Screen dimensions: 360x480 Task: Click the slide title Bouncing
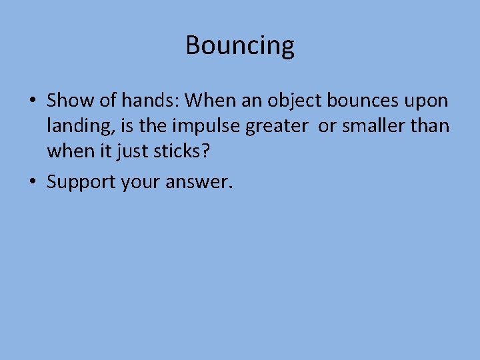[240, 45]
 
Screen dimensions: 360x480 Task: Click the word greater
[279, 127]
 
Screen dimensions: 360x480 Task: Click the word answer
[198, 182]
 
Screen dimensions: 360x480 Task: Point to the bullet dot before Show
[32, 102]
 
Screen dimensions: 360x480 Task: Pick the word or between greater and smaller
[327, 127]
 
